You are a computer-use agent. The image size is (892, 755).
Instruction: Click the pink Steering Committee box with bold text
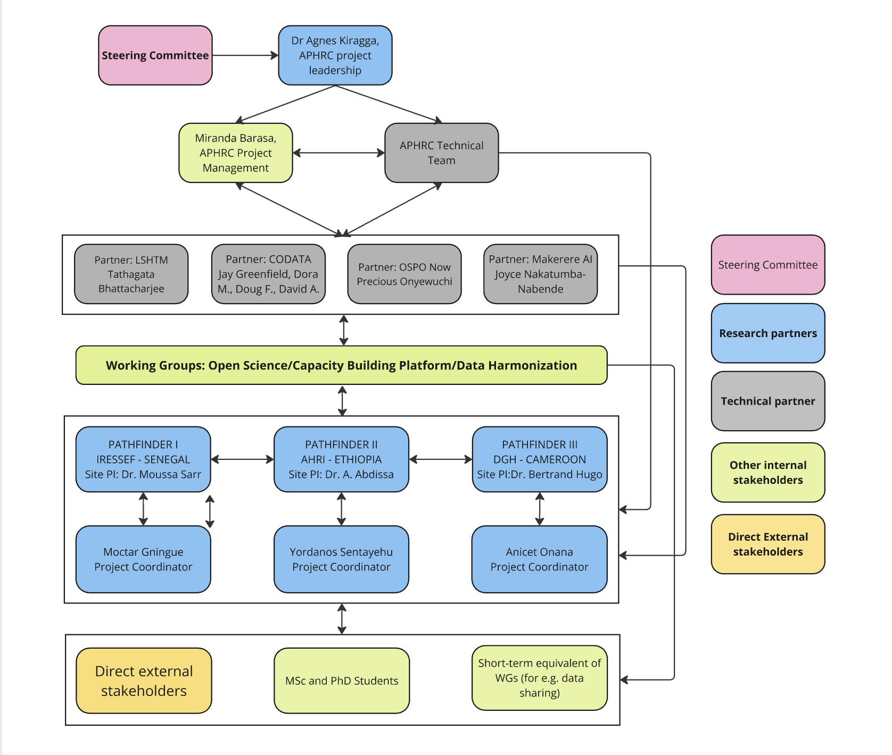click(155, 55)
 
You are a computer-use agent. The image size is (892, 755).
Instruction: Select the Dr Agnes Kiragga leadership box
click(335, 55)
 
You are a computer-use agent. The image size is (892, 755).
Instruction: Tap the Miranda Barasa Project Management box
click(235, 153)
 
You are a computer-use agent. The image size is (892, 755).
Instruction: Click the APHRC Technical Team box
click(441, 153)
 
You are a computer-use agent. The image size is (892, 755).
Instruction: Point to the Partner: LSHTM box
click(131, 274)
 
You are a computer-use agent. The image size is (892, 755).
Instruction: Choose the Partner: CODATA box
click(268, 274)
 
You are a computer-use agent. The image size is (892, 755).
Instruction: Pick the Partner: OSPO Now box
click(404, 274)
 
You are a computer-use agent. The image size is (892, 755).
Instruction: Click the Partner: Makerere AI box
click(540, 274)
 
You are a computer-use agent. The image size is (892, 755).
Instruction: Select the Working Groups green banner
click(341, 365)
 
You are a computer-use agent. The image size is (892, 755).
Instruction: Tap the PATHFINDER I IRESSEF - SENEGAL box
click(143, 459)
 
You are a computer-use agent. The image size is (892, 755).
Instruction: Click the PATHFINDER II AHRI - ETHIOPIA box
click(341, 459)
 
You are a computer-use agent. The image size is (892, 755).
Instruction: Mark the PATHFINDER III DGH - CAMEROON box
click(539, 459)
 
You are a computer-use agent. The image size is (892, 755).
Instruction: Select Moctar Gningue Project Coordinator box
click(143, 559)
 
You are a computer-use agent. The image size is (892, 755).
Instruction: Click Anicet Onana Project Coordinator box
click(539, 559)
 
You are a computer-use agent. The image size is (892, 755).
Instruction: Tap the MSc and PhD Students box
click(341, 681)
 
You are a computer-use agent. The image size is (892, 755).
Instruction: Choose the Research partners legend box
click(767, 333)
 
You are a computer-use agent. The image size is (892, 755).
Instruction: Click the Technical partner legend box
click(767, 401)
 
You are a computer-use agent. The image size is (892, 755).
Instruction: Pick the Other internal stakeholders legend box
click(767, 473)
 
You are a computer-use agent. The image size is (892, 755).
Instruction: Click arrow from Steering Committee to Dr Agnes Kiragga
click(245, 55)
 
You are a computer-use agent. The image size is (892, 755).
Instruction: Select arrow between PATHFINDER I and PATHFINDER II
click(242, 459)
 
